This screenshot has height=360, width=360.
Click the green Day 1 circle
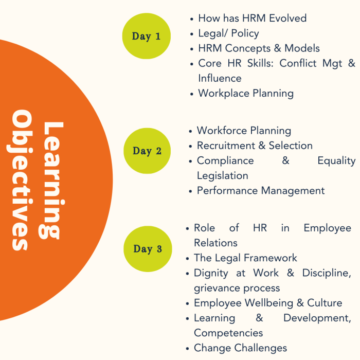click(x=147, y=36)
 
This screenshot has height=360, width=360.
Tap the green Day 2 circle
click(x=147, y=151)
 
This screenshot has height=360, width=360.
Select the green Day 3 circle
click(x=148, y=249)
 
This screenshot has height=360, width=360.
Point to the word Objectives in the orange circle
click(x=20, y=180)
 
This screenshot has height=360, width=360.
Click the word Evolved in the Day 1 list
click(x=287, y=18)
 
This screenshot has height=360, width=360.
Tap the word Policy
click(x=245, y=33)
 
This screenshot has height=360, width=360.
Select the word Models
click(x=302, y=48)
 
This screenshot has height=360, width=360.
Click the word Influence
click(x=220, y=78)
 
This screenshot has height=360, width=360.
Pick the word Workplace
click(x=224, y=94)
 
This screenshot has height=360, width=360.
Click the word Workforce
click(x=222, y=131)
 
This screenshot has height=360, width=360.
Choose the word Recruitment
click(x=226, y=146)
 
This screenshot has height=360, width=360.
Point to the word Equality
click(x=336, y=161)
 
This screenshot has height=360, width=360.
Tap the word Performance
click(x=227, y=191)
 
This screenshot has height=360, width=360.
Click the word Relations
click(x=215, y=243)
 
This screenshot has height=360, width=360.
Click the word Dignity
click(x=211, y=273)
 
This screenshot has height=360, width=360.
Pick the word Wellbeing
click(x=269, y=303)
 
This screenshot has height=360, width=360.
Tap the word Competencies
click(x=228, y=333)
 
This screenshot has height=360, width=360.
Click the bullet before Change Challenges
click(x=187, y=349)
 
